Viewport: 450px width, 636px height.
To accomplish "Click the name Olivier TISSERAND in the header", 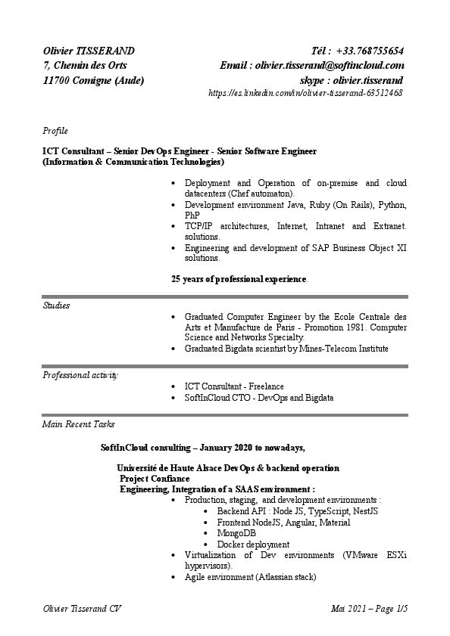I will (x=89, y=51).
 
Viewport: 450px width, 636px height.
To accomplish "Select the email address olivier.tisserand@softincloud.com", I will (x=330, y=66).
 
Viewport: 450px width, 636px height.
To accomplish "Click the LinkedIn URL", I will (x=305, y=93).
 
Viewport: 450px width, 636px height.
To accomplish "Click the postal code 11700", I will (x=58, y=80).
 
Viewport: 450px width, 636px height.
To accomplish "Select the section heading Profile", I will (x=55, y=131).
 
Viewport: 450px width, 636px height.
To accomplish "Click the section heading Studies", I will (x=56, y=306).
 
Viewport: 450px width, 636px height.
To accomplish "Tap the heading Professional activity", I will (x=80, y=374).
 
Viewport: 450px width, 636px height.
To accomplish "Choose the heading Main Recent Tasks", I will (x=79, y=424).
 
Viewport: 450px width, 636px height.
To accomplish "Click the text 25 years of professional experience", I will (x=239, y=279).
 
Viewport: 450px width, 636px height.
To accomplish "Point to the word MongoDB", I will (x=236, y=533).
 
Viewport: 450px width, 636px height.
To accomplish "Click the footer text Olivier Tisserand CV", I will (x=82, y=609).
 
